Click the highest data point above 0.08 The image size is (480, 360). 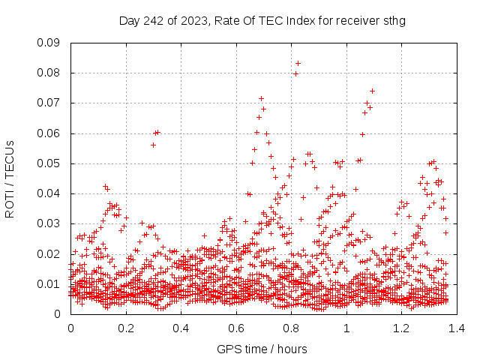(x=298, y=63)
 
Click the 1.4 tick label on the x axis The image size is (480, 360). (x=457, y=328)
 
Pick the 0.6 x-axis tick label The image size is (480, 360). (x=236, y=328)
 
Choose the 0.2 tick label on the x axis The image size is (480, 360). (x=126, y=328)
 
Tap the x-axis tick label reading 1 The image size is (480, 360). (x=346, y=328)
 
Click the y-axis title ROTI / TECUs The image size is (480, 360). (x=10, y=178)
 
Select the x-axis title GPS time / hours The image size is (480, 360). (x=263, y=349)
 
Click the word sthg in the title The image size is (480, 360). (x=393, y=20)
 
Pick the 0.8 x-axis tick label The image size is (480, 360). (x=292, y=328)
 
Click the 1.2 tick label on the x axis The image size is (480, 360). (x=402, y=328)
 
